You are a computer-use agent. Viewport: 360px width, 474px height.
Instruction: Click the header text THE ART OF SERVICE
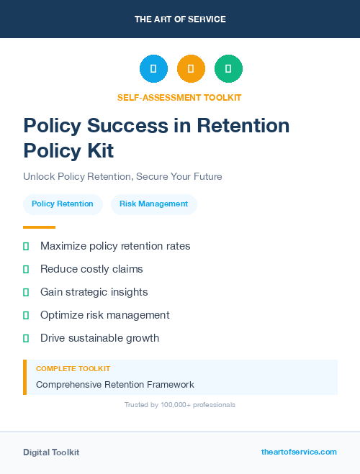point(180,19)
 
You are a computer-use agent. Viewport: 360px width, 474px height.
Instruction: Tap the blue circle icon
point(153,69)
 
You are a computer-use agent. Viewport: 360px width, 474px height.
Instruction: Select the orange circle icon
point(191,69)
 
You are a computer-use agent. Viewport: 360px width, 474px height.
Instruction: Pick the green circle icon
point(228,69)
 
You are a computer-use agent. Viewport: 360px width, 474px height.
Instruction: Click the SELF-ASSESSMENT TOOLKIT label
point(180,97)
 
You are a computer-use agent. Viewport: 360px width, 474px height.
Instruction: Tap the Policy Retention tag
point(63,204)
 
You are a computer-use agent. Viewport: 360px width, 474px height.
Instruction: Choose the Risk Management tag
point(153,204)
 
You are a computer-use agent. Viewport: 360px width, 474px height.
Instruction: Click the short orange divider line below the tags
point(39,227)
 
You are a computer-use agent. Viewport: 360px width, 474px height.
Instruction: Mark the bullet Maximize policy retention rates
point(115,246)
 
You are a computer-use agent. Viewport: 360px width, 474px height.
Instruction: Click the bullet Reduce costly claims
point(91,269)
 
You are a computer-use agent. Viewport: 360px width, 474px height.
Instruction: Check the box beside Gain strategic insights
point(26,292)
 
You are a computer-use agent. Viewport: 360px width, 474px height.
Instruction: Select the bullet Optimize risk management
point(105,315)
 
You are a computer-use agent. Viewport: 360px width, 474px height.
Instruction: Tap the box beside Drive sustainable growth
point(26,338)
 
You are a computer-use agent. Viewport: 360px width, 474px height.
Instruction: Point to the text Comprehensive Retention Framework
point(115,385)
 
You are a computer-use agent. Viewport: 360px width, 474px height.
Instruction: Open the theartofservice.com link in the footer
point(299,452)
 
